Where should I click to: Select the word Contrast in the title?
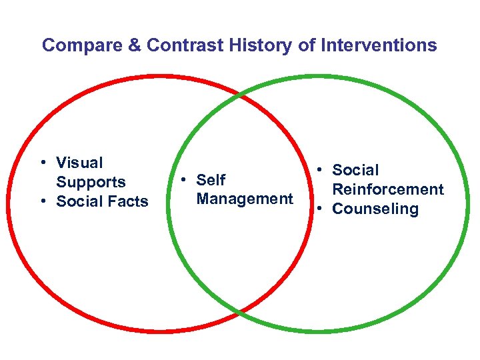click(x=176, y=45)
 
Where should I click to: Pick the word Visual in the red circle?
click(x=79, y=163)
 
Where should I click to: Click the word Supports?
click(x=91, y=182)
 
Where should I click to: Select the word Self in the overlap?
click(x=211, y=180)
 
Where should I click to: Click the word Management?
click(x=245, y=199)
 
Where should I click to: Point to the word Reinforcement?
click(x=387, y=189)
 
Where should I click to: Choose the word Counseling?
click(x=375, y=209)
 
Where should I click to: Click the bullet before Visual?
click(x=42, y=163)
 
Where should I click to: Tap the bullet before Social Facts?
click(x=42, y=201)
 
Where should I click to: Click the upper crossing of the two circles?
click(x=238, y=95)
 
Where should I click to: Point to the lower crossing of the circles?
click(x=239, y=311)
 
